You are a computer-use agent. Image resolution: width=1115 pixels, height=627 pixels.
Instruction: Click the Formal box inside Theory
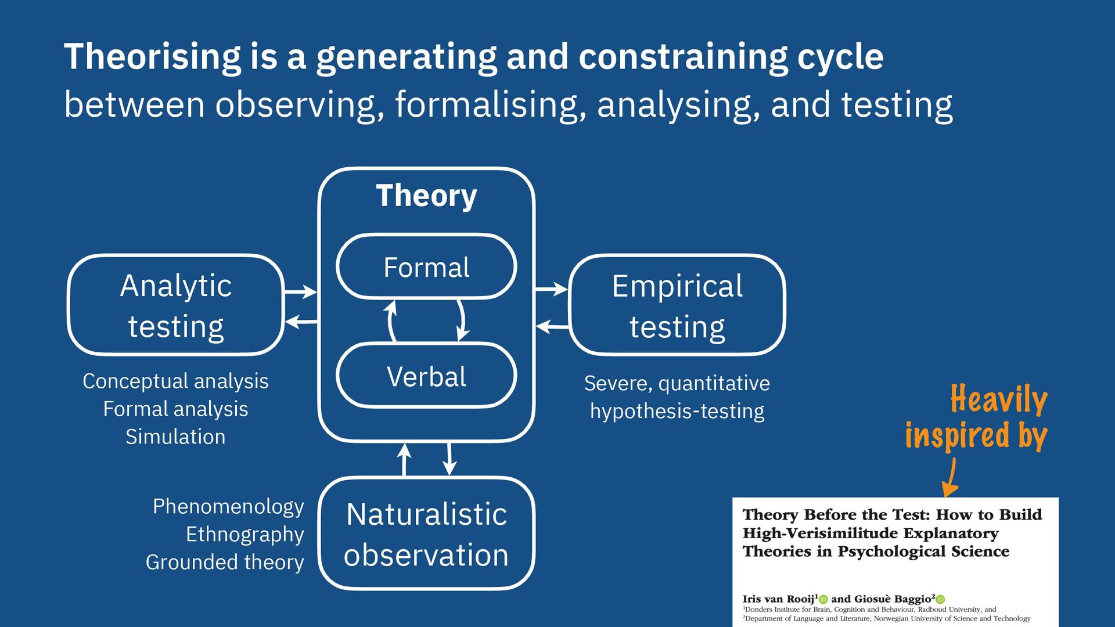[x=426, y=267]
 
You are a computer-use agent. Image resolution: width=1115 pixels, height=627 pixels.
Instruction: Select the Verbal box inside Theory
[x=426, y=376]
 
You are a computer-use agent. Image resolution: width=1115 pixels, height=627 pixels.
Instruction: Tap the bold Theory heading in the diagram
[x=426, y=196]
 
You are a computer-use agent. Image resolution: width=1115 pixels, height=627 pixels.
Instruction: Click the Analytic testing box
[x=175, y=305]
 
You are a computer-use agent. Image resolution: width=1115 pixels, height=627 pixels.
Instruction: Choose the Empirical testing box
[x=677, y=305]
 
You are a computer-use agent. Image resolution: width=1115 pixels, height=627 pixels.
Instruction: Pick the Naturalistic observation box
[x=426, y=534]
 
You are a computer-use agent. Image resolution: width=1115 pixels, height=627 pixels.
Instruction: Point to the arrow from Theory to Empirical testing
[x=551, y=289]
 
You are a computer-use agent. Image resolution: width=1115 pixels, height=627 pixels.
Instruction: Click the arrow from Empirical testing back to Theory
[x=552, y=327]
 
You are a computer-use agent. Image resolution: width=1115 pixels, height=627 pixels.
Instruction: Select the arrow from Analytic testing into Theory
[x=301, y=291]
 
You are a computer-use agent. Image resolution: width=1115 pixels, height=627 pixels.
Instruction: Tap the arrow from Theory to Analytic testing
[x=301, y=322]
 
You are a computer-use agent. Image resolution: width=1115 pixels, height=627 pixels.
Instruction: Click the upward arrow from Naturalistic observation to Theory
[x=404, y=460]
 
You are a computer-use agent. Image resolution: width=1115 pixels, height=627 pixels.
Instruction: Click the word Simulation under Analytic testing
[x=175, y=437]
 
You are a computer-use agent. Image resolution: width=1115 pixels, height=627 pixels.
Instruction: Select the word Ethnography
[x=244, y=534]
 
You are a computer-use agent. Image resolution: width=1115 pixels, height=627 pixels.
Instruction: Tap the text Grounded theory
[x=225, y=562]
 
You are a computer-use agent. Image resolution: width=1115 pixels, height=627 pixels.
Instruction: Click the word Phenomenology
[x=228, y=506]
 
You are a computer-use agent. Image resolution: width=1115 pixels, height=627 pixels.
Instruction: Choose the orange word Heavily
[x=999, y=399]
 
